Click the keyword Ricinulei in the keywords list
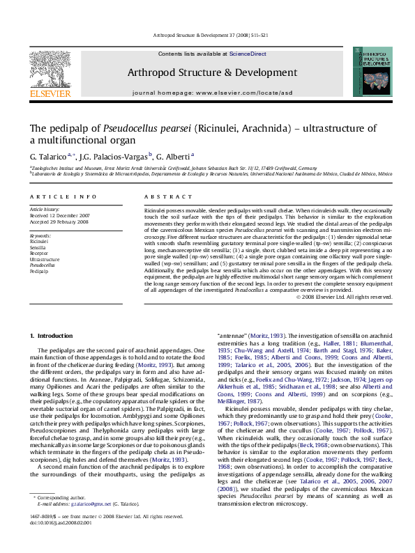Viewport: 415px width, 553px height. pyautogui.click(x=40, y=240)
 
